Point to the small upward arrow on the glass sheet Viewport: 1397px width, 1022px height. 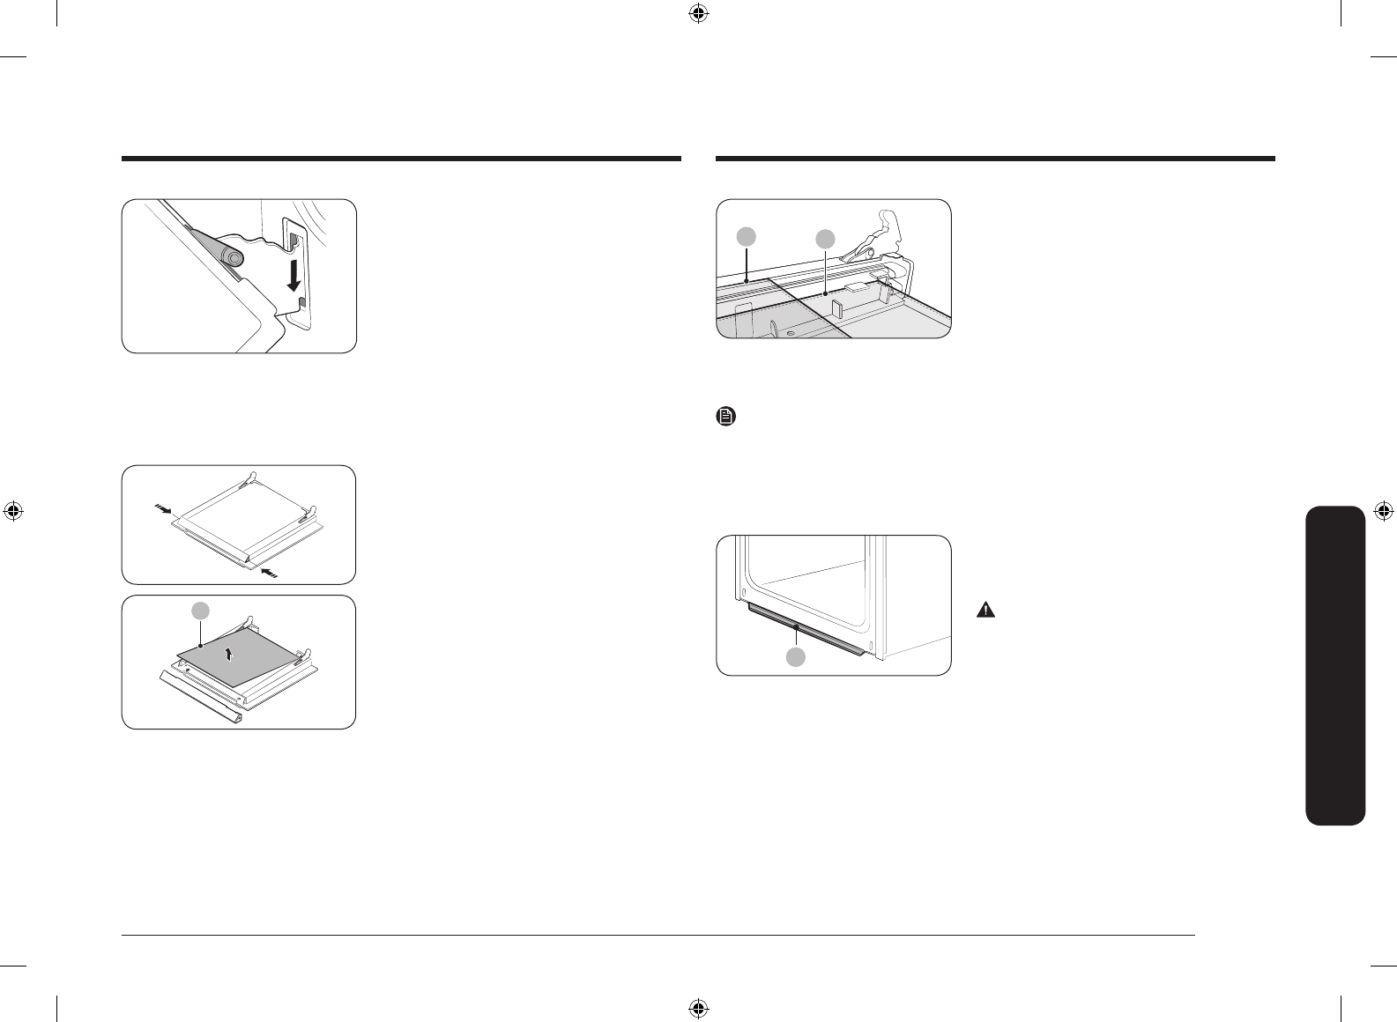[229, 653]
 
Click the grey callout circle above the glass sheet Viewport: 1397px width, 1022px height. [202, 611]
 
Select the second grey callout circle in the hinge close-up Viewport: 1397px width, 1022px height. [825, 239]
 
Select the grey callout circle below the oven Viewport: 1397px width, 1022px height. [796, 655]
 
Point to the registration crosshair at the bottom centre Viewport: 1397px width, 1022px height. [698, 1008]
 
